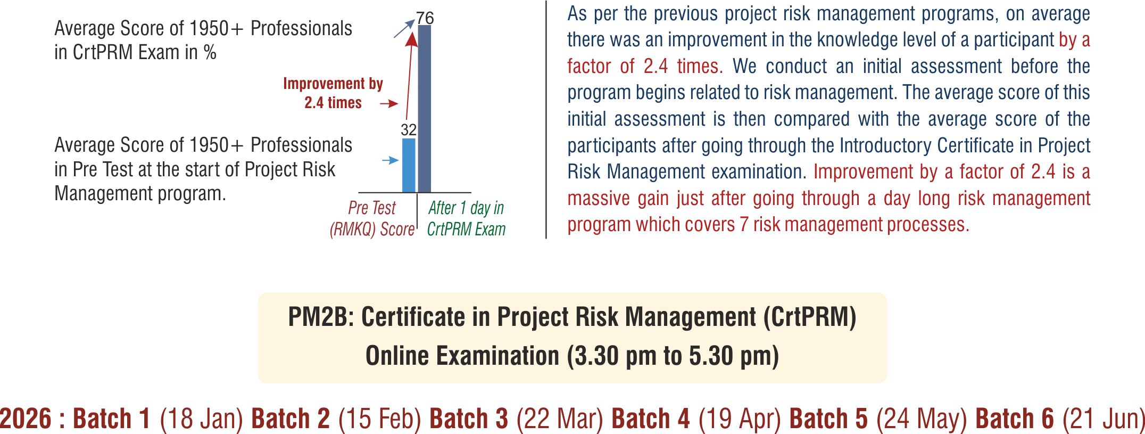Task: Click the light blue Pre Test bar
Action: click(409, 165)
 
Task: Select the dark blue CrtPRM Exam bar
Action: click(425, 109)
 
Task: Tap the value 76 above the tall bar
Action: click(425, 18)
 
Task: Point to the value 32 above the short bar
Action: click(409, 129)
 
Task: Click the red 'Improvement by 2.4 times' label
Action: click(333, 93)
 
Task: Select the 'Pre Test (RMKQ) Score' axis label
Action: click(372, 218)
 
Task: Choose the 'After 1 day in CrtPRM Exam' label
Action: click(466, 218)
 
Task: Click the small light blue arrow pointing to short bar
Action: click(391, 160)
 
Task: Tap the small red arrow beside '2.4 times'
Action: click(389, 103)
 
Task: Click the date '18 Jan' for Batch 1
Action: click(202, 419)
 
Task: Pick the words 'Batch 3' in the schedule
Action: click(469, 419)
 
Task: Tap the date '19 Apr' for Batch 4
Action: click(740, 419)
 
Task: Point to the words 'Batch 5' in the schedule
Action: click(828, 419)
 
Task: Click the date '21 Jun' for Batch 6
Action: click(1103, 419)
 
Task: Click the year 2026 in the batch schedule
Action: click(26, 419)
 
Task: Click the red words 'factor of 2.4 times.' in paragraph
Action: click(645, 66)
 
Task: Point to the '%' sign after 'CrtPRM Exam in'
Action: click(210, 52)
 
